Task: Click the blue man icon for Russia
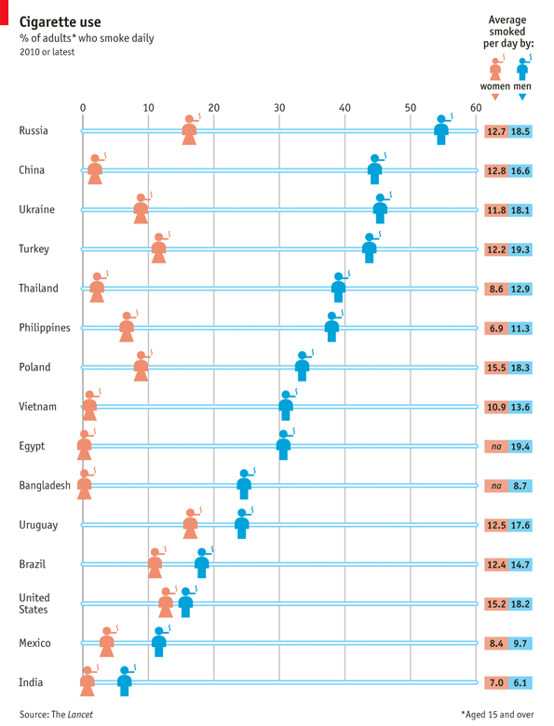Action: tap(442, 130)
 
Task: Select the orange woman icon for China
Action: tap(95, 169)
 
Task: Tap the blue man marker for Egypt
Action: tap(284, 445)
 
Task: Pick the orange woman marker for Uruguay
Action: tap(191, 524)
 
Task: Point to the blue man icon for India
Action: tap(125, 681)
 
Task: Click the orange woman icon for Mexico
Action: tap(107, 641)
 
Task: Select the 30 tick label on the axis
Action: tap(279, 108)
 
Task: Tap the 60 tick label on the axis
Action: tap(476, 108)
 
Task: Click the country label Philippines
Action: tap(45, 328)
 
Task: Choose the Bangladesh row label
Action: tap(45, 485)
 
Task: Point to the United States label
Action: tap(34, 603)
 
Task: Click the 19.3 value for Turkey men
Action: tap(520, 249)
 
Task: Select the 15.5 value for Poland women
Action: tap(496, 368)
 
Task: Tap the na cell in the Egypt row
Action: tap(496, 447)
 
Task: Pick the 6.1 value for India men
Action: tap(520, 683)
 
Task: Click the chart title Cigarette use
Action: tap(61, 21)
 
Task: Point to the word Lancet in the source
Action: tap(80, 715)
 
